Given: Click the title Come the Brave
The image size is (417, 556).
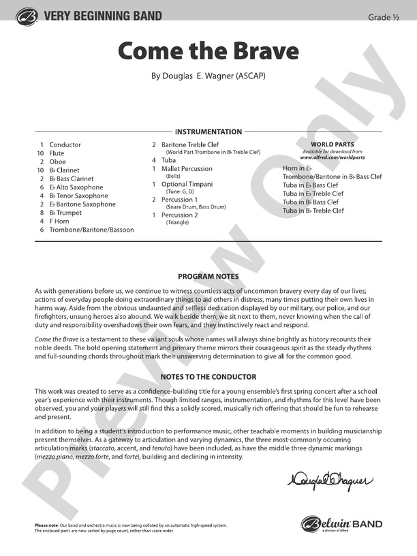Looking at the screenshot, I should point(208,51).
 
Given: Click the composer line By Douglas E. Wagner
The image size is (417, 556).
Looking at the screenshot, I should point(208,76).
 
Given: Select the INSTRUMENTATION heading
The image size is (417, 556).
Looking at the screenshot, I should point(208,132).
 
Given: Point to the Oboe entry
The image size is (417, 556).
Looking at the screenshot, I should point(58,161).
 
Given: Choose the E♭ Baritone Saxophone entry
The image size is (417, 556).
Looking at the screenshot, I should point(82,204).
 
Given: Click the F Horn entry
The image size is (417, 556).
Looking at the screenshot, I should point(59,221).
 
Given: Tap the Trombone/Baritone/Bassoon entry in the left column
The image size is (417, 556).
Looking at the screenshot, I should point(91,230).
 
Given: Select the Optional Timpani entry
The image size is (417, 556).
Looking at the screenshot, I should point(187,184).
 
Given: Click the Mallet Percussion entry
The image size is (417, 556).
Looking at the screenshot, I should point(187,168).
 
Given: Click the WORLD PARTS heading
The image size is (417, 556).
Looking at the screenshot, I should point(332,144).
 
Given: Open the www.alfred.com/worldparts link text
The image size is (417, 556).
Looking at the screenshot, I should point(332,157).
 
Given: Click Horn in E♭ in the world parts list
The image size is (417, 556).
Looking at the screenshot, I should point(297,168).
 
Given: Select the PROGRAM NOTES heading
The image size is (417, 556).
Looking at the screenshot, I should point(208,277).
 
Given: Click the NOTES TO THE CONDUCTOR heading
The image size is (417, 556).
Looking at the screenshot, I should point(208,377).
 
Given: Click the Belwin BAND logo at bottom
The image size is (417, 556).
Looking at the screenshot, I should point(342,525).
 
